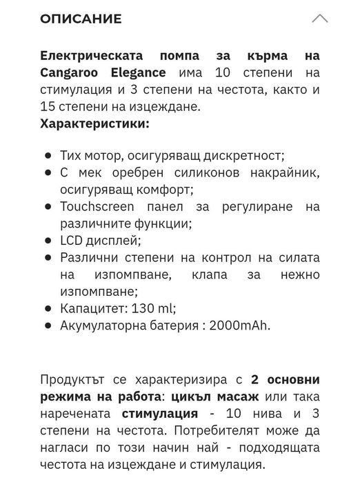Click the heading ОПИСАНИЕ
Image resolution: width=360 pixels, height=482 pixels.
click(81, 19)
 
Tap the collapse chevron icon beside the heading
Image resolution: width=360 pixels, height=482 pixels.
click(319, 19)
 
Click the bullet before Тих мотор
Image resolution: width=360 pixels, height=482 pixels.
click(47, 157)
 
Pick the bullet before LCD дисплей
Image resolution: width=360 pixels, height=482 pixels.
click(47, 241)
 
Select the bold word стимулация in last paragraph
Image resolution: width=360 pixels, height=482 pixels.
click(159, 414)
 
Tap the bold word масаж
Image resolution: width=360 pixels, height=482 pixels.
click(238, 396)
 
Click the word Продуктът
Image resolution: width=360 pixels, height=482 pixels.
click(74, 379)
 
